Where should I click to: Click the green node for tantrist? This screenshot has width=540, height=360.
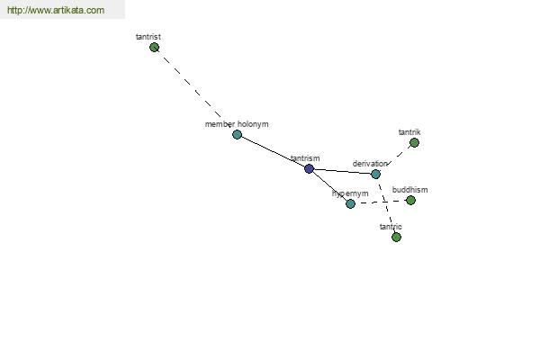(x=154, y=47)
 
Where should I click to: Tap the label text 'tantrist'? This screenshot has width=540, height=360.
(x=148, y=37)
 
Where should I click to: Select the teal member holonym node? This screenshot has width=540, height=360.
(x=237, y=134)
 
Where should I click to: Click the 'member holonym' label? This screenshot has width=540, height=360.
(x=237, y=124)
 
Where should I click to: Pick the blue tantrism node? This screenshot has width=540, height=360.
(x=309, y=168)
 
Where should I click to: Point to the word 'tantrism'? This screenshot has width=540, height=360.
(x=305, y=158)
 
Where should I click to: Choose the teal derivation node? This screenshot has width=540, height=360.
(x=375, y=174)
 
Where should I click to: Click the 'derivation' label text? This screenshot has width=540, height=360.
(x=370, y=164)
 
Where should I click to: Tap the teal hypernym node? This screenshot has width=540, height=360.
(x=350, y=203)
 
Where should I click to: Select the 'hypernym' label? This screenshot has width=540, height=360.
(x=350, y=193)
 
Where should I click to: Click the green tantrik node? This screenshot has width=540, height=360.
(x=414, y=142)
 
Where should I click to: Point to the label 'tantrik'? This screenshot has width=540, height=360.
(x=409, y=132)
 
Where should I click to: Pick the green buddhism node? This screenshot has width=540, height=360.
(x=410, y=200)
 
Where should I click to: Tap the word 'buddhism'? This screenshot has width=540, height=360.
(x=409, y=190)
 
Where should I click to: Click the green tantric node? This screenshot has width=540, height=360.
(x=396, y=237)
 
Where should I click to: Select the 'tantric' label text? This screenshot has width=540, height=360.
(x=391, y=227)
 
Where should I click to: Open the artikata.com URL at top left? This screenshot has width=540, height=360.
(x=56, y=10)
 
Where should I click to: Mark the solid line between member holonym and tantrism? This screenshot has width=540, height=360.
(x=273, y=151)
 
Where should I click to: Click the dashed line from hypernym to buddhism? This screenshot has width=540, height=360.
(x=380, y=202)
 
